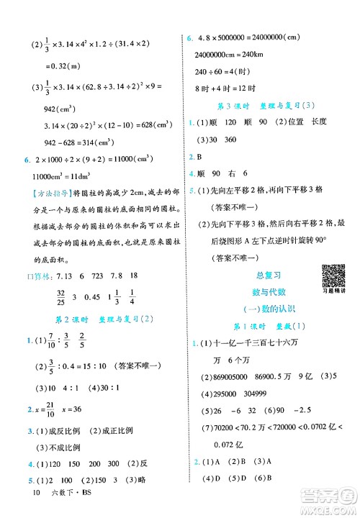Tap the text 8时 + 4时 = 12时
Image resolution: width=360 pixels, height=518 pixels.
223,87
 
